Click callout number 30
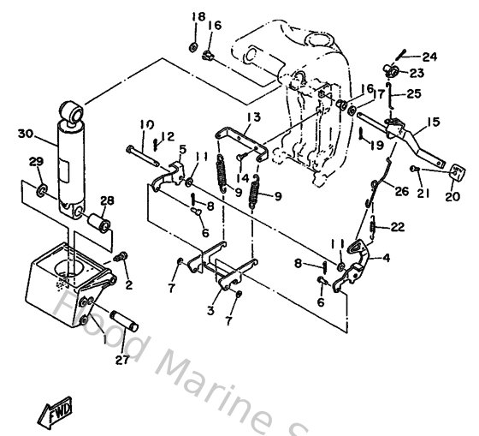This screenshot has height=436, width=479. pos(24,133)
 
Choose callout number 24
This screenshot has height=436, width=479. pos(429,57)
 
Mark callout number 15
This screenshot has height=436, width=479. pos(434,122)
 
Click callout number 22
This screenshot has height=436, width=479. pos(398,227)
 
